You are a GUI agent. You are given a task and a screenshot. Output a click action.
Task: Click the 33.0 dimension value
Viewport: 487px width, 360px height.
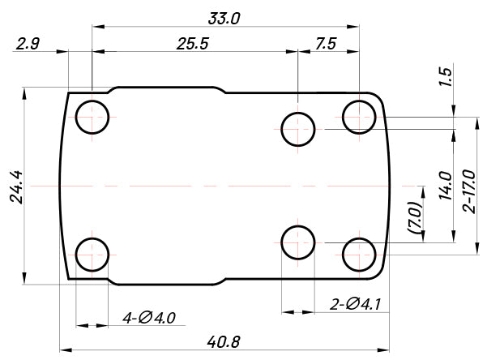click(225, 17)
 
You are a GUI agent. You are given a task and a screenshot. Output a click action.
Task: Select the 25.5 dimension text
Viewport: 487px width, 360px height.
click(193, 45)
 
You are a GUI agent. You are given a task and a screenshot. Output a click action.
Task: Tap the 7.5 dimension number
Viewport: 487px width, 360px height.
click(327, 45)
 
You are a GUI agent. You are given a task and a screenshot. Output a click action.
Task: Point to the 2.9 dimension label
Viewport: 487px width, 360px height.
click(28, 45)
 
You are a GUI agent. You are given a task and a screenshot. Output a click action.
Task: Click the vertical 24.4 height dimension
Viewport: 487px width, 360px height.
click(15, 186)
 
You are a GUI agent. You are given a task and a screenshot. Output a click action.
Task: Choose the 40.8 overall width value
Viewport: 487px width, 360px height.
click(223, 342)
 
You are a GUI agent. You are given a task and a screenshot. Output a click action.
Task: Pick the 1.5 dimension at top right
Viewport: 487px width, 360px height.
click(445, 79)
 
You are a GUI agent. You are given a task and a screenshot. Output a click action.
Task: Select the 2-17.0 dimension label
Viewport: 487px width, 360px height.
click(469, 191)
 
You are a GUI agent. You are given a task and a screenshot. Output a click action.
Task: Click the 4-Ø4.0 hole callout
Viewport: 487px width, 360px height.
click(149, 316)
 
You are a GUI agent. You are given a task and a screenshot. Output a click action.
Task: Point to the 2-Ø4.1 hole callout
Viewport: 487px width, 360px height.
click(356, 305)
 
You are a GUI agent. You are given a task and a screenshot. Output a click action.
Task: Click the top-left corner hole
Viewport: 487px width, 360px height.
click(92, 117)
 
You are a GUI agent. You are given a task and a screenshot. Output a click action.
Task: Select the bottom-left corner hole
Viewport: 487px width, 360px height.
click(92, 255)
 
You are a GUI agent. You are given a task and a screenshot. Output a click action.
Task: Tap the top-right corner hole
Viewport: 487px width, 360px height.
click(359, 117)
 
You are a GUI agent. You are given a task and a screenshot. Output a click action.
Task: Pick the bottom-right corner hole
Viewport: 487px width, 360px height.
click(359, 255)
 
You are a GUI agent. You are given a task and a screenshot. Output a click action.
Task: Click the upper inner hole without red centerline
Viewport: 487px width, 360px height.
click(298, 129)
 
